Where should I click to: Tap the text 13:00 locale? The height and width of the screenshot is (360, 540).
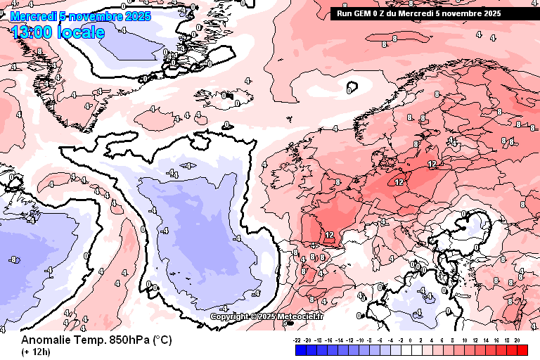[58, 32]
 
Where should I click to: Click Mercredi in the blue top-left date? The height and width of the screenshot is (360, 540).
[34, 16]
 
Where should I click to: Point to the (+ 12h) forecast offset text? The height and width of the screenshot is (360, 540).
[35, 352]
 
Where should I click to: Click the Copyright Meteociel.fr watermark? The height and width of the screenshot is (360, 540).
[266, 317]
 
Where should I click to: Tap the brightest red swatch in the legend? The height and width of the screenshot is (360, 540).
[522, 349]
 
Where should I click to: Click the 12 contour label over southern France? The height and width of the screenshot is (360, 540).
[329, 235]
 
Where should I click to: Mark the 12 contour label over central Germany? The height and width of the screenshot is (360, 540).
[399, 181]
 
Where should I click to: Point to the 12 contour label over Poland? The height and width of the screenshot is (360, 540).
[432, 164]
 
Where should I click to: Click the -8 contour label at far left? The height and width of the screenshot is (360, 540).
[13, 259]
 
